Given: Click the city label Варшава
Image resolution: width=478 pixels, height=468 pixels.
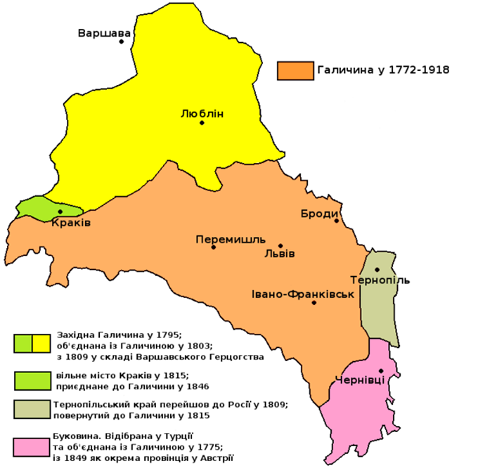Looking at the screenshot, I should click(x=104, y=32).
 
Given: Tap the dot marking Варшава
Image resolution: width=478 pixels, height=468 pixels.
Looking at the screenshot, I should click(x=122, y=41).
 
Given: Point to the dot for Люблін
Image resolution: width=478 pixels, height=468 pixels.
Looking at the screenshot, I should click(x=202, y=123).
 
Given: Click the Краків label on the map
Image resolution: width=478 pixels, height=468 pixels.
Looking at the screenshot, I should click(x=71, y=223).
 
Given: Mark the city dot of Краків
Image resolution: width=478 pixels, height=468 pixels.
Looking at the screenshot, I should click(x=60, y=212).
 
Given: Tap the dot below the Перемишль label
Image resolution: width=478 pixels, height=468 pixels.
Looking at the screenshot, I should click(x=213, y=247).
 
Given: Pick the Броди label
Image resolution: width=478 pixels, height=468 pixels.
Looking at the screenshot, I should click(x=320, y=214).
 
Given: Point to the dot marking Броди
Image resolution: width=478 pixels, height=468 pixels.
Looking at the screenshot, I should click(x=337, y=221).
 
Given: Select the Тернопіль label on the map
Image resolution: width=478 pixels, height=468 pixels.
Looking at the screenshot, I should click(x=385, y=280).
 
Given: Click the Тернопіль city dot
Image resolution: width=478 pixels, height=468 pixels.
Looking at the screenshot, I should click(x=377, y=269).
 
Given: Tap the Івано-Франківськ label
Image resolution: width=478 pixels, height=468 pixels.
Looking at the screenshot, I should click(x=302, y=293).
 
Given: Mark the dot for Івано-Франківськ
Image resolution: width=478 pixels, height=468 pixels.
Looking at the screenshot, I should click(x=314, y=303).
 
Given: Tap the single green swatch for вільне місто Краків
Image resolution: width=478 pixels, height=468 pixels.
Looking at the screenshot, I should click(x=32, y=380).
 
